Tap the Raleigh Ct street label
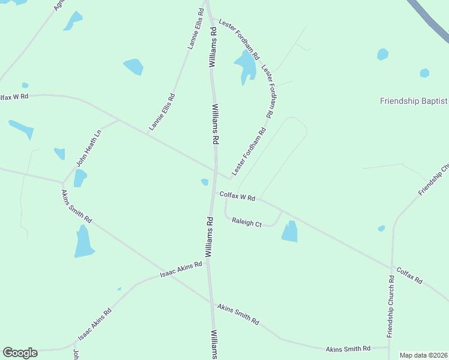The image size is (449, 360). (247, 223)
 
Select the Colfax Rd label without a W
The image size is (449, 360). (409, 276)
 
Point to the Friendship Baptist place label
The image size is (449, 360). (414, 101)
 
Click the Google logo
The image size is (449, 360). (20, 353)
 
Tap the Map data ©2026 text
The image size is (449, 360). (423, 355)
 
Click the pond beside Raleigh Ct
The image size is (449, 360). (290, 232)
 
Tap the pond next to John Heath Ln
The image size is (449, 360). (80, 178)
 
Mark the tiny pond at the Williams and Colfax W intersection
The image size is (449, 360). (205, 182)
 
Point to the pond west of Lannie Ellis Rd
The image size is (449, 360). (133, 67)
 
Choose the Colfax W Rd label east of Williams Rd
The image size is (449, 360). (238, 196)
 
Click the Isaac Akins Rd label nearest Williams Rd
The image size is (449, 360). (181, 269)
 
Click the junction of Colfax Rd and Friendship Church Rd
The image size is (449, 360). (393, 268)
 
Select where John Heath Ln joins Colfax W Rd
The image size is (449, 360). (118, 119)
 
